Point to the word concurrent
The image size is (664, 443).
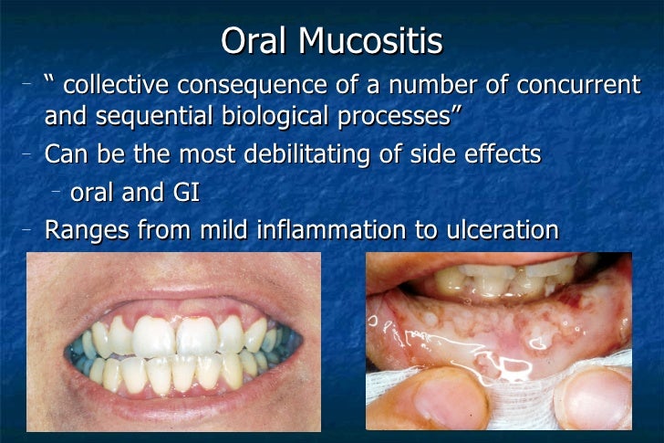579,87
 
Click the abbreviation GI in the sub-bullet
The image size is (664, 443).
186,193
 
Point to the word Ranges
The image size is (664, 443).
87,230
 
